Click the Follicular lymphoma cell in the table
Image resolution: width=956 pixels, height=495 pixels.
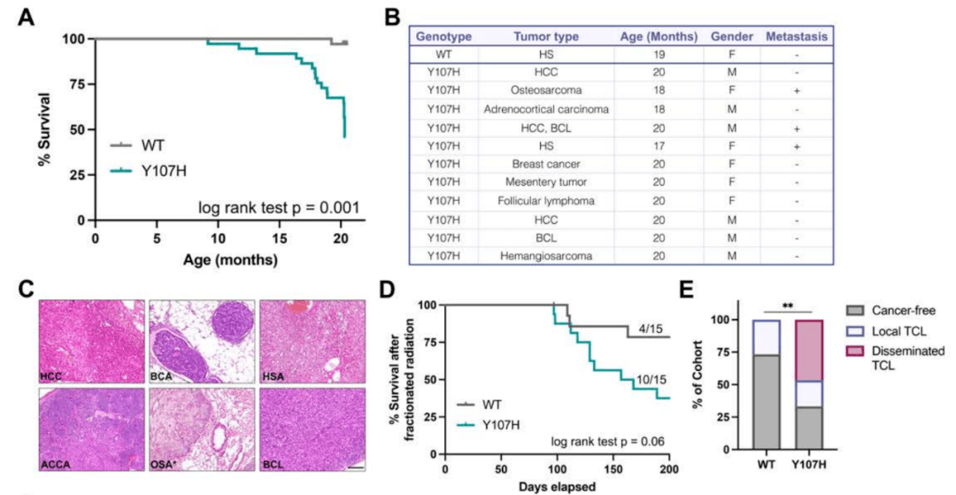(x=545, y=200)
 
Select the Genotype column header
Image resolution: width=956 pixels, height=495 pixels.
(x=443, y=37)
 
